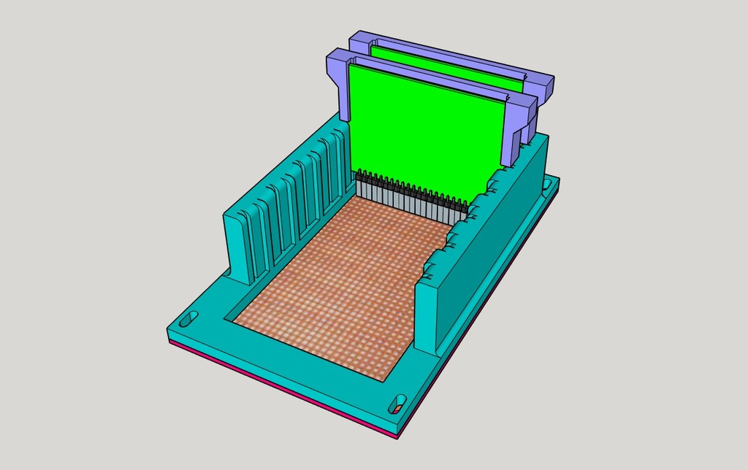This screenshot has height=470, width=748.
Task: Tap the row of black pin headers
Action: [x=413, y=191]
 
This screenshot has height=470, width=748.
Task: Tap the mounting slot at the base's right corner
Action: [x=548, y=184]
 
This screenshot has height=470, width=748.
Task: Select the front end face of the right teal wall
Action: [x=426, y=314]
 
